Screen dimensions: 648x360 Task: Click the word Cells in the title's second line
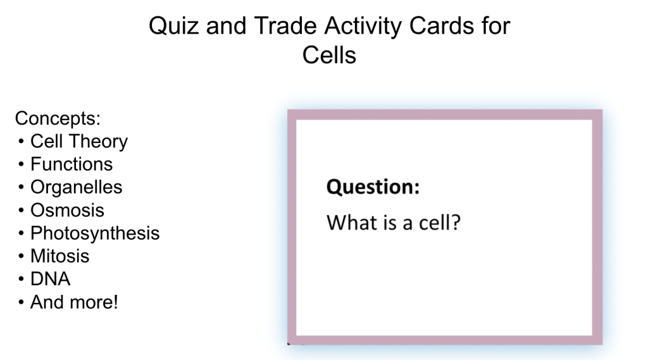coord(329,55)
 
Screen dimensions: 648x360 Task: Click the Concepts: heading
coord(58,118)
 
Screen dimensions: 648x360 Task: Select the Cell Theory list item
coord(79,141)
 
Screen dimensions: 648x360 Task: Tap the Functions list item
coord(72,164)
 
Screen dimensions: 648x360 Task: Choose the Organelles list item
coord(77,187)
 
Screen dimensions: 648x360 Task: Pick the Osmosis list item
coord(67,211)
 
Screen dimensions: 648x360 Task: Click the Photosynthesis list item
coord(95,233)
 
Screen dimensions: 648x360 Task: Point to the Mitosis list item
coord(60,256)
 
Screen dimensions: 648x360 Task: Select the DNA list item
coord(51,279)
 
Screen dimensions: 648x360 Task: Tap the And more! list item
coord(75,302)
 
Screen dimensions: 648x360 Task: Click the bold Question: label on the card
coord(373,187)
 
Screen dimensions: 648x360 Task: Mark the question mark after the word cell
coord(456,222)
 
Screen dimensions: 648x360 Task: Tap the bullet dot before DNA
coord(21,280)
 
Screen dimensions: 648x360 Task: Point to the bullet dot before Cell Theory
coord(21,142)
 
